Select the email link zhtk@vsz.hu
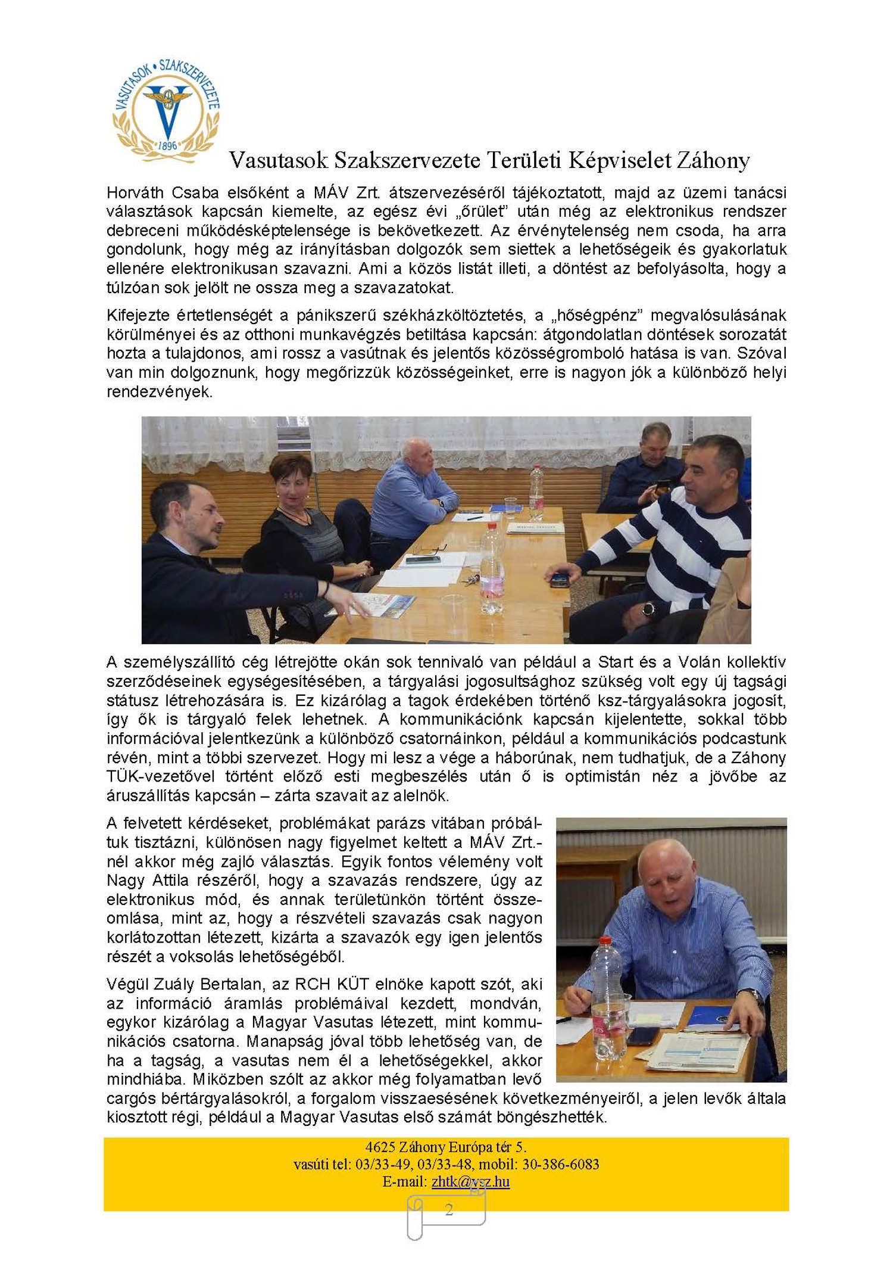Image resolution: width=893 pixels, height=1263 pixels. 470,1181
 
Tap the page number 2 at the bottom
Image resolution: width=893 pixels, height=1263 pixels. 449,1209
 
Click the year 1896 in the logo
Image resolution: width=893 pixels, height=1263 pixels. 167,145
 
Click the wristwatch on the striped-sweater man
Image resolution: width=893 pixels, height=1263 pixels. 647,608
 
